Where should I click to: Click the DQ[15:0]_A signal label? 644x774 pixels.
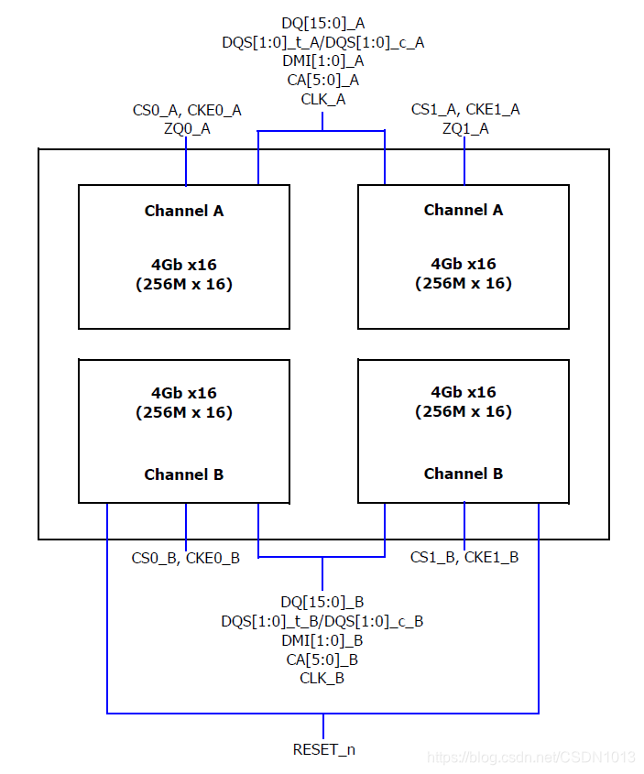click(x=322, y=22)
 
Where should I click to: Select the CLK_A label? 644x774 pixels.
click(x=322, y=99)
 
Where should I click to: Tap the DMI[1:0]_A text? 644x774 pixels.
click(x=322, y=60)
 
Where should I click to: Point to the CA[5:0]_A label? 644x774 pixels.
click(x=322, y=80)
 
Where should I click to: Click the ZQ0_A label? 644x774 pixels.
click(x=186, y=128)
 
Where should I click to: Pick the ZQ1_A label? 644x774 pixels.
click(x=464, y=128)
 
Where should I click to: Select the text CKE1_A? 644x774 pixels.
click(x=495, y=110)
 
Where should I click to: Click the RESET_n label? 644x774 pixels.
click(x=323, y=749)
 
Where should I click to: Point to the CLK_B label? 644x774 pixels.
click(x=322, y=679)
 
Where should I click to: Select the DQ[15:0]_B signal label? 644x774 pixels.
click(x=322, y=602)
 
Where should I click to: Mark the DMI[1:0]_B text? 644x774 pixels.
click(x=322, y=640)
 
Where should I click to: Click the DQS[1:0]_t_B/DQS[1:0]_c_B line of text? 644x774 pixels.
click(x=322, y=621)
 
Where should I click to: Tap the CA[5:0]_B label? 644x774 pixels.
click(x=322, y=660)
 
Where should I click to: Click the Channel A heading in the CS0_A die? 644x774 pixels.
click(x=184, y=211)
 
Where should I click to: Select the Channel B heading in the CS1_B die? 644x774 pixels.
click(x=463, y=474)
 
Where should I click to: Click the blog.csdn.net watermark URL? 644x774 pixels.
click(x=531, y=758)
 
